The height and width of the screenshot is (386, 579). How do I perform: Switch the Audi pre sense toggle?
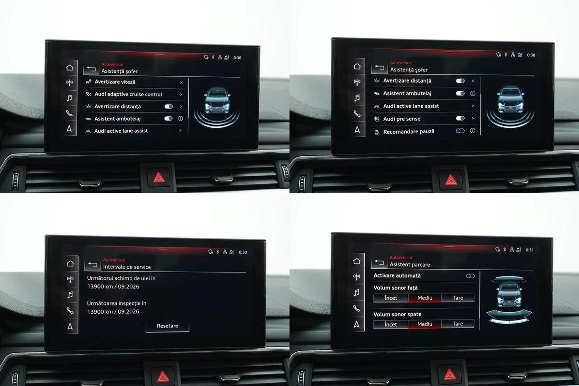pos(460,118)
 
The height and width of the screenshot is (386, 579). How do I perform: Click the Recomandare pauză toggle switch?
pos(460,131)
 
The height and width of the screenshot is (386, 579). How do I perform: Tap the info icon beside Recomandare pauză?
pos(473,131)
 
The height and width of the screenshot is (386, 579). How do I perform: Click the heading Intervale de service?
pos(126,267)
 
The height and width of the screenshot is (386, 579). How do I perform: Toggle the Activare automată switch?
pos(470,276)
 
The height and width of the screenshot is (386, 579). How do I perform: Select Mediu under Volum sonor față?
pos(425,298)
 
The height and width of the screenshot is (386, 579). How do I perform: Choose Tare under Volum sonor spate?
pos(458,324)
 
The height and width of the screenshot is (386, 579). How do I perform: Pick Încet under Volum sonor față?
pos(391,298)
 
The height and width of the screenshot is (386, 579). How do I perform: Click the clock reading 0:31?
pos(530,250)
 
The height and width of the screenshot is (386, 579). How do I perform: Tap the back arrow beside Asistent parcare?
pos(379,262)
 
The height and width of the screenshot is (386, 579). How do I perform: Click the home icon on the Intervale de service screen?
pos(70,263)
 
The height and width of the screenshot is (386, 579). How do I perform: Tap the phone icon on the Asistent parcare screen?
pos(357,308)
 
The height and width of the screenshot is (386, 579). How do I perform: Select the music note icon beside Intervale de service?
pos(70,295)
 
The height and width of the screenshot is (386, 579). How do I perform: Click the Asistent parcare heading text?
pos(410,265)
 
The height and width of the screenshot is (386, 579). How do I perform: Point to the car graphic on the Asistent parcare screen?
pos(509,295)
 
